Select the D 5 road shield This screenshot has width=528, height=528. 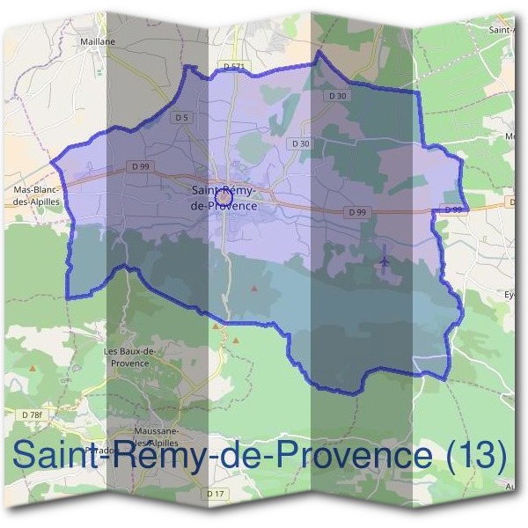pyautogui.click(x=182, y=117)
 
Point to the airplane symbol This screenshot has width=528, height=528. pyautogui.click(x=385, y=260)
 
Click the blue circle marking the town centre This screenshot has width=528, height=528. pyautogui.click(x=224, y=199)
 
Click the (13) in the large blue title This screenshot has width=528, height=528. pyautogui.click(x=475, y=456)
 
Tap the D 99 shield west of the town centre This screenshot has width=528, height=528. pyautogui.click(x=139, y=165)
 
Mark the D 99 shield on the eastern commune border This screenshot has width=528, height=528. pyautogui.click(x=452, y=209)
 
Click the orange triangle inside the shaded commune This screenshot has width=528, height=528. pyautogui.click(x=255, y=288)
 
